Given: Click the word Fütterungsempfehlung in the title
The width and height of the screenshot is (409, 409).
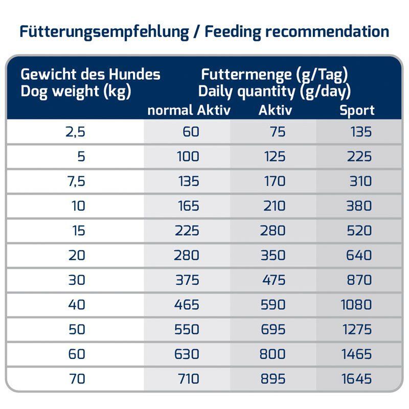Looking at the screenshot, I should (x=104, y=32).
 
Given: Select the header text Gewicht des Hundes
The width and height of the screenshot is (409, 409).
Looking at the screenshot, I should (x=90, y=75).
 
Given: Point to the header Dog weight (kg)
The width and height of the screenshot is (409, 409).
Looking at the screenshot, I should (x=76, y=92).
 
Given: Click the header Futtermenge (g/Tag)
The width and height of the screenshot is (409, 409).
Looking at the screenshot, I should (x=275, y=75).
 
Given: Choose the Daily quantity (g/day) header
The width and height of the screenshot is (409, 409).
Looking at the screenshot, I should (x=275, y=92).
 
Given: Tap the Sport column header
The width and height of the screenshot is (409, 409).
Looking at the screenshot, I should (x=357, y=110).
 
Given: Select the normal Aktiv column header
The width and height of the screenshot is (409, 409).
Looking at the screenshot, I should (x=189, y=110).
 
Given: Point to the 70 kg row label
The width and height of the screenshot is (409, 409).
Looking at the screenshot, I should (x=77, y=379).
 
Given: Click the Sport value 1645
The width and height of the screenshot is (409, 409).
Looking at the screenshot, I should (x=356, y=379).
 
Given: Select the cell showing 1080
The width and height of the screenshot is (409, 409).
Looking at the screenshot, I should (x=356, y=305).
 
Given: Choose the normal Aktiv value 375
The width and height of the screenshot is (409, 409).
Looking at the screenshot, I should (x=187, y=280).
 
